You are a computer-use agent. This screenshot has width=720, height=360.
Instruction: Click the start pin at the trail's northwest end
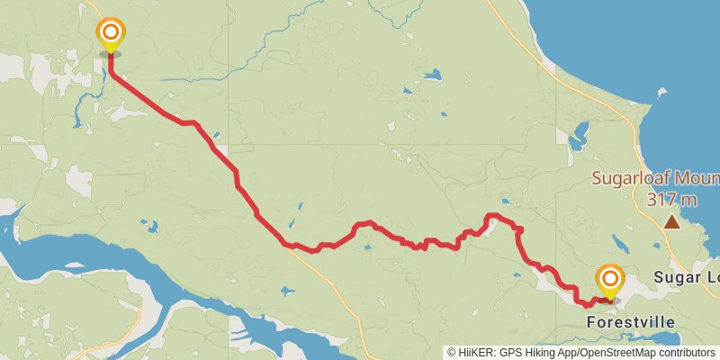point(110,35)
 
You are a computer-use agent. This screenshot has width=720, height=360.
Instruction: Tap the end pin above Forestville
point(609,281)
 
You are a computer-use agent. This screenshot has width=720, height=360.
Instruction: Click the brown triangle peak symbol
point(671,221)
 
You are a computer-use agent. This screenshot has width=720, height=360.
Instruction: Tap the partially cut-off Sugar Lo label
point(687,277)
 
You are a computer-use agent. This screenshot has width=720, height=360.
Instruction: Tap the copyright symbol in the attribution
point(452,353)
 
